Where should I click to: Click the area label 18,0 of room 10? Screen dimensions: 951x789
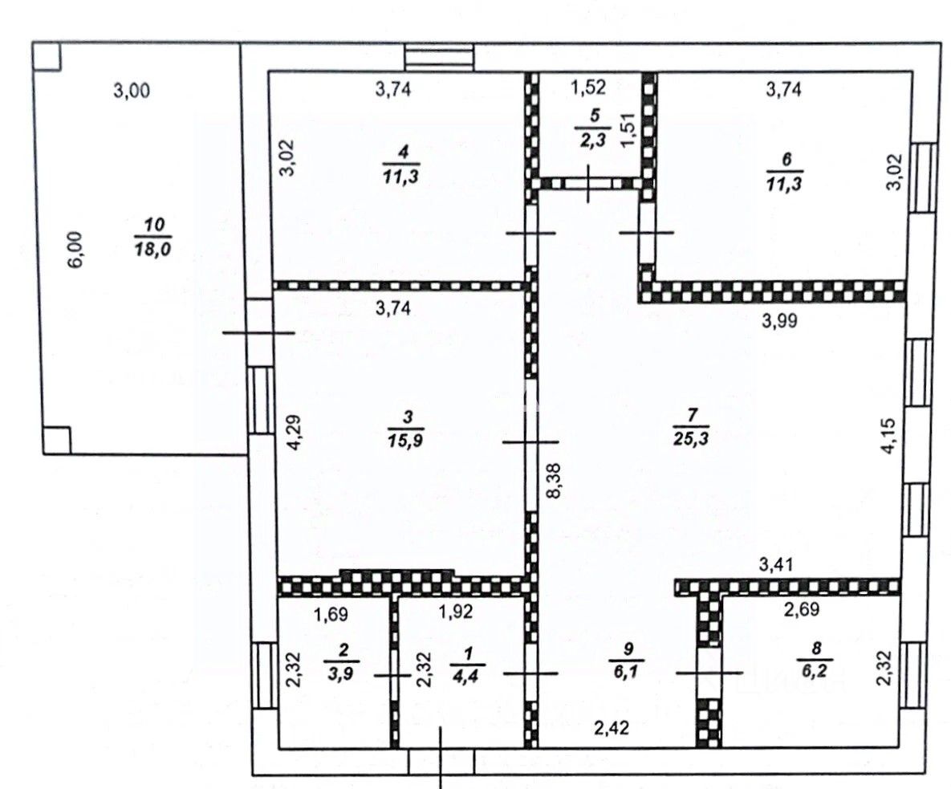[152, 250]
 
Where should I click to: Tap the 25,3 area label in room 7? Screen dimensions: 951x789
[691, 438]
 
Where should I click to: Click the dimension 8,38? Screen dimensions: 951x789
[553, 481]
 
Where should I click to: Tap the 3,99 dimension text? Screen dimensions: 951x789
[779, 321]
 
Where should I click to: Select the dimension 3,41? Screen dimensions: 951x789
[776, 565]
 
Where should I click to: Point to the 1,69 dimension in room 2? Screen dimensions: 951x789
[331, 614]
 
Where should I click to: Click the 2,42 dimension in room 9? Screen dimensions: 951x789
[612, 727]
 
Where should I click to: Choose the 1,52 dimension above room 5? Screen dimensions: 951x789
[587, 87]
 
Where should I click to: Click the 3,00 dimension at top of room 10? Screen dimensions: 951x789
[132, 91]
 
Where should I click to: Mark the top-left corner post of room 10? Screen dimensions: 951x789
[46, 56]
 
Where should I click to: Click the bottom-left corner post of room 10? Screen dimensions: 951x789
[56, 440]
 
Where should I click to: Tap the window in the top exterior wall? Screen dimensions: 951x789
[440, 57]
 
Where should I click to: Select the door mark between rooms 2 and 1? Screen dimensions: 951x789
[392, 675]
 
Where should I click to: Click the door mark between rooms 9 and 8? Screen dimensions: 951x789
[709, 673]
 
